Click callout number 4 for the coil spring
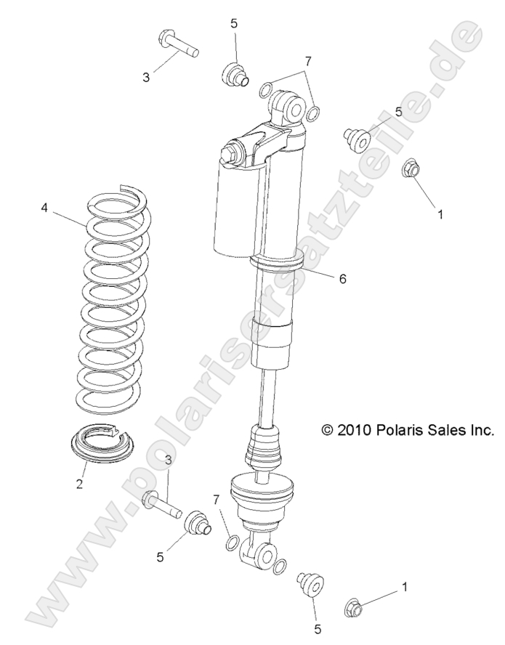pos(44,208)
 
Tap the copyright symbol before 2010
pos(327,430)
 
